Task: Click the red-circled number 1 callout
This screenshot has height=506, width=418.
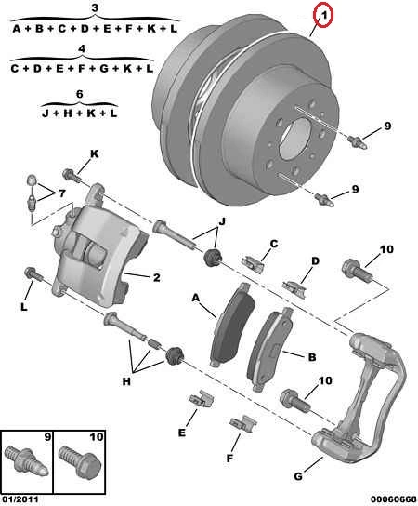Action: tap(323, 15)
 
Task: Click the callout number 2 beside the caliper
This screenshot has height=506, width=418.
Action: tap(156, 277)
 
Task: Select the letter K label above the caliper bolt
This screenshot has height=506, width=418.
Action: tap(94, 153)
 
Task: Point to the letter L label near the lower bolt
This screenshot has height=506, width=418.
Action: tap(24, 307)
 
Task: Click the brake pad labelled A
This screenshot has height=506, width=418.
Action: tap(233, 325)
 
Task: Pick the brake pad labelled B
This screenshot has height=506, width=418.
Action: tap(270, 349)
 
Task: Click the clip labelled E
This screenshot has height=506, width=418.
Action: tap(202, 399)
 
